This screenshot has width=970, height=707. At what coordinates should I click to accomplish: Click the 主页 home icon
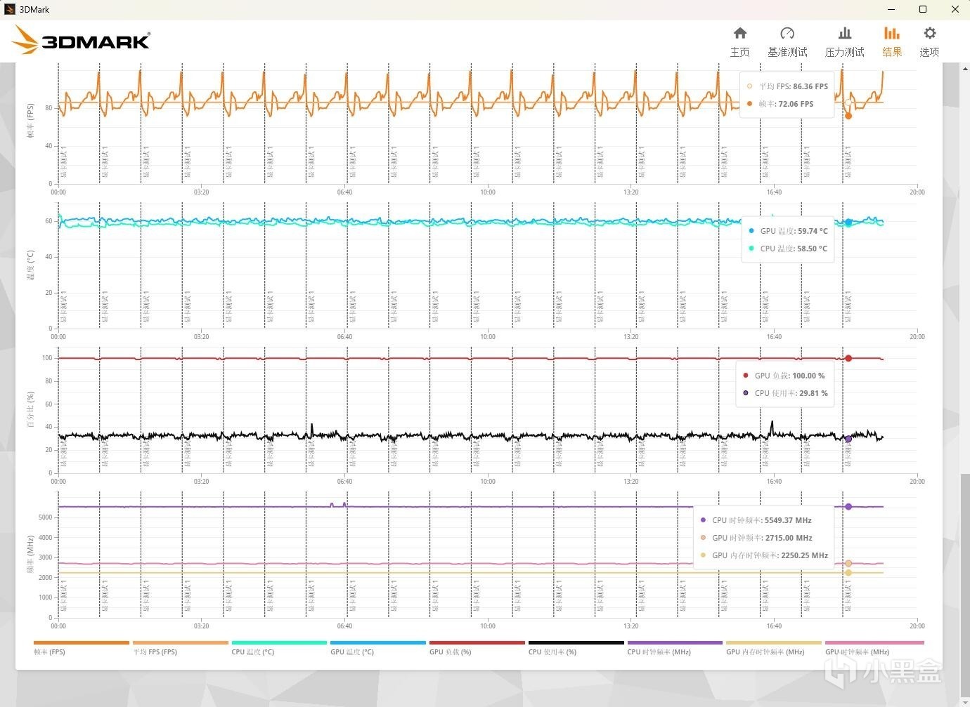point(739,34)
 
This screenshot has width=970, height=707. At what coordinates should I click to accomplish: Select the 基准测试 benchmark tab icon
point(787,34)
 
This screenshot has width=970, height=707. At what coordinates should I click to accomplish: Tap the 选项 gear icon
point(929,34)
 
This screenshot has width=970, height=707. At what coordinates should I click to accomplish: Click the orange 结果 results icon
point(891,34)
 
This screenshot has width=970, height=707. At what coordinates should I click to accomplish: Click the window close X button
point(955,9)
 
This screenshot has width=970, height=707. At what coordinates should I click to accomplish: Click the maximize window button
point(923,9)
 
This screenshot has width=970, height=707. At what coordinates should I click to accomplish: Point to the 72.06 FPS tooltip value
point(796,104)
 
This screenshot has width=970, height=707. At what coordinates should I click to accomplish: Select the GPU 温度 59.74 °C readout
point(813,231)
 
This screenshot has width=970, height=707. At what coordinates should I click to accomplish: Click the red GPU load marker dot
point(848,358)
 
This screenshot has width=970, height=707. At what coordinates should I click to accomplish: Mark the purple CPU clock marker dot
point(848,506)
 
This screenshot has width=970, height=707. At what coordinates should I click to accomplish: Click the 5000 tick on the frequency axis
point(45,517)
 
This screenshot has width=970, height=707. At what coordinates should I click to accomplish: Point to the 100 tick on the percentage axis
point(47,358)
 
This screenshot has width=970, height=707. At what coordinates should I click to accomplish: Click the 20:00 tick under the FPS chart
point(917,192)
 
